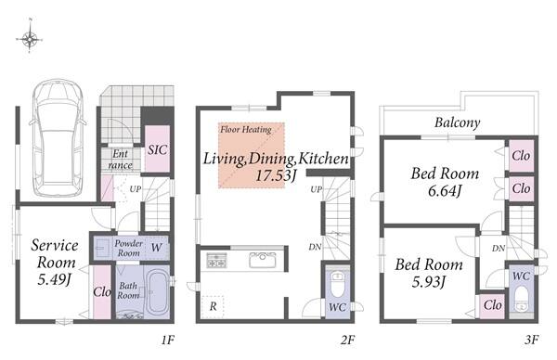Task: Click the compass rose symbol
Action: pyautogui.click(x=30, y=38)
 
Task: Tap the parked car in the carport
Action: pyautogui.click(x=58, y=137)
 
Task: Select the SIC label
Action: pyautogui.click(x=158, y=149)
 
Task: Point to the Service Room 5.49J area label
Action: pyautogui.click(x=55, y=262)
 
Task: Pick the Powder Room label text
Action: pyautogui.click(x=128, y=248)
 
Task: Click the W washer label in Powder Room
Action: pyautogui.click(x=156, y=247)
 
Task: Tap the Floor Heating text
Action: pyautogui.click(x=246, y=129)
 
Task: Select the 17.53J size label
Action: pyautogui.click(x=276, y=175)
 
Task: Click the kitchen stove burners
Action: pyautogui.click(x=216, y=261)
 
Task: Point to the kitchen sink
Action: pyautogui.click(x=262, y=260)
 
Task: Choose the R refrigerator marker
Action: pyautogui.click(x=213, y=306)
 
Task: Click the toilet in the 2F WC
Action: pyautogui.click(x=338, y=284)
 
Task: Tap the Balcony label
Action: pyautogui.click(x=457, y=122)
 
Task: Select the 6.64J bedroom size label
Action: pyautogui.click(x=445, y=191)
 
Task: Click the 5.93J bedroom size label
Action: pyautogui.click(x=428, y=282)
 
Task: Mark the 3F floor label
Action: pyautogui.click(x=531, y=341)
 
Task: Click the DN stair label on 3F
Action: pyautogui.click(x=499, y=249)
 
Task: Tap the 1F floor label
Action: pyautogui.click(x=168, y=341)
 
